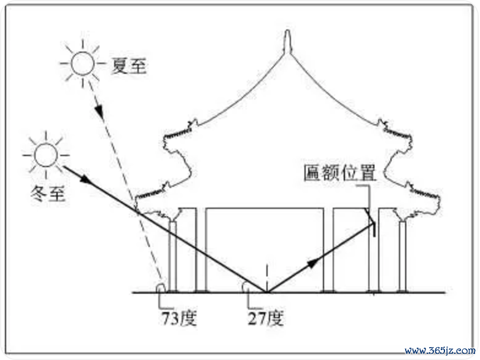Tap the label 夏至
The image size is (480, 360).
129,66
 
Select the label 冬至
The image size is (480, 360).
48,194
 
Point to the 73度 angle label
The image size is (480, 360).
179,318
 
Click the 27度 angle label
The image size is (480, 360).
266,318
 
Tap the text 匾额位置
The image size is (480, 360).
339,173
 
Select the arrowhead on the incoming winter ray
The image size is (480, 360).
86,179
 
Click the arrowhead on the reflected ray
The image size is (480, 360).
313,263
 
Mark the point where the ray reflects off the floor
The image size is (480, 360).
267,292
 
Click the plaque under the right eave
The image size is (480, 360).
373,230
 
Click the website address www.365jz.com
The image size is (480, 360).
440,350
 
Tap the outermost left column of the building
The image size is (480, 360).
173,256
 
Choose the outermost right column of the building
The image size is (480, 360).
403,256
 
